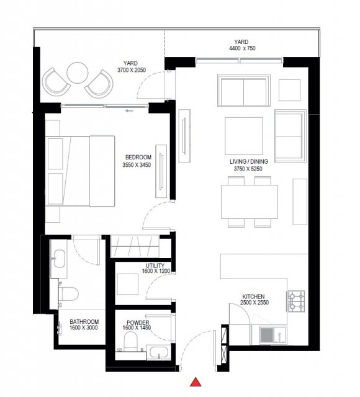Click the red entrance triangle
pyautogui.click(x=196, y=382)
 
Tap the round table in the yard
pyautogui.click(x=78, y=73)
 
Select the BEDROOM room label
pyautogui.click(x=138, y=157)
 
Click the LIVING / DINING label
pyautogui.click(x=249, y=161)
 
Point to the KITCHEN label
pyautogui.click(x=253, y=297)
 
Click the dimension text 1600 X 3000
pyautogui.click(x=84, y=328)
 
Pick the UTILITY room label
pyautogui.click(x=155, y=265)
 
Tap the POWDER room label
pyautogui.click(x=138, y=323)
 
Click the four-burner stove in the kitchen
pyautogui.click(x=295, y=301)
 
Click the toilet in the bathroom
pyautogui.click(x=68, y=293)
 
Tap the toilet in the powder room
pyautogui.click(x=131, y=341)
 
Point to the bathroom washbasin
pyautogui.click(x=60, y=259)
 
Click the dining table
pyautogui.click(x=250, y=202)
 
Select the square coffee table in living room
pyautogui.click(x=244, y=136)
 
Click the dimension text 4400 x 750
pyautogui.click(x=242, y=48)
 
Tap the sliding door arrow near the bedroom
pyautogui.click(x=129, y=110)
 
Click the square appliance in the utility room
pyautogui.click(x=128, y=284)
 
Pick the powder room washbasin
pyautogui.click(x=158, y=353)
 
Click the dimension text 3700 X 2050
pyautogui.click(x=132, y=70)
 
